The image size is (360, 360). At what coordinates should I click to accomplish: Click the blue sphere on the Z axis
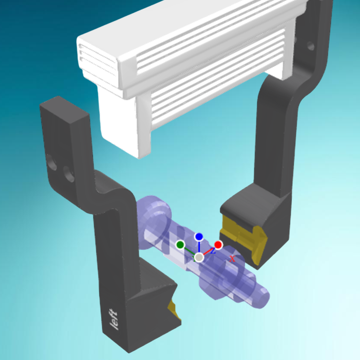tap(199, 237)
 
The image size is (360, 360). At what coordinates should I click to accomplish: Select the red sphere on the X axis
tap(218, 245)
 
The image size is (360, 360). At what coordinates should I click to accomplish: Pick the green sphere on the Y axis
tap(180, 245)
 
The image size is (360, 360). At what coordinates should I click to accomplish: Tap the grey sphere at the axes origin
tap(199, 258)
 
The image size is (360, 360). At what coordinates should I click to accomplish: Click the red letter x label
tap(232, 259)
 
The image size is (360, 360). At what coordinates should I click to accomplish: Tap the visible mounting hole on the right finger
tap(310, 47)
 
